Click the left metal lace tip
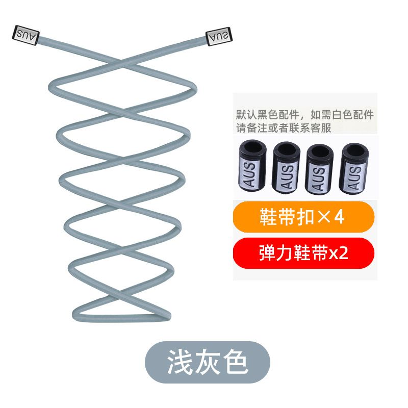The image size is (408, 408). pos(26,35)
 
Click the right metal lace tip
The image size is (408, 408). pos(219,36)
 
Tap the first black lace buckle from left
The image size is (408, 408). pos(252,165)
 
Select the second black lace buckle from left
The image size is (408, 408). pos(286,168)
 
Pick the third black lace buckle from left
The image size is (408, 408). pos(320,169)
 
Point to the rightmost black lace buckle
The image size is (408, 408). pos(354,168)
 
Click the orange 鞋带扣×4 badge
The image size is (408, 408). pos(303,217)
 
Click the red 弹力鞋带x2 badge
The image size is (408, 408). pos(303,253)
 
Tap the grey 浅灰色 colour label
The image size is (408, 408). pos(208,362)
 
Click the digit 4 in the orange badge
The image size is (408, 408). pos(339,217)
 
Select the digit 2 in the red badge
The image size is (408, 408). pos(343,252)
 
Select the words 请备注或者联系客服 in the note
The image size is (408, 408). pos(284,128)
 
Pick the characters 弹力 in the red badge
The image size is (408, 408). pos(276,253)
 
